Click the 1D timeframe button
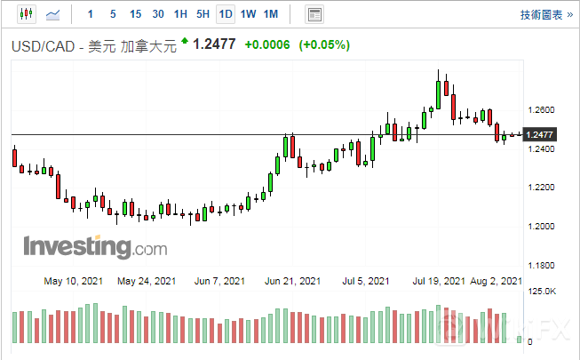point(226,14)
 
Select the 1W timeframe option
point(248,14)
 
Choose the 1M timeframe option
point(271,14)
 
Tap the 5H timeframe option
point(203,14)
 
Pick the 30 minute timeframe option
point(158,14)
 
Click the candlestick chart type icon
point(25,14)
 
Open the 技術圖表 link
point(541,15)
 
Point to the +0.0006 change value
point(267,44)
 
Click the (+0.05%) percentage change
point(324,44)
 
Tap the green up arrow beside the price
point(184,41)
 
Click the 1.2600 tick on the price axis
point(540,110)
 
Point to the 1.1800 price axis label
point(540,265)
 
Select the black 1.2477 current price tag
point(540,134)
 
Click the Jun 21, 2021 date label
point(293,281)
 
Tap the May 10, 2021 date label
point(73,281)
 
